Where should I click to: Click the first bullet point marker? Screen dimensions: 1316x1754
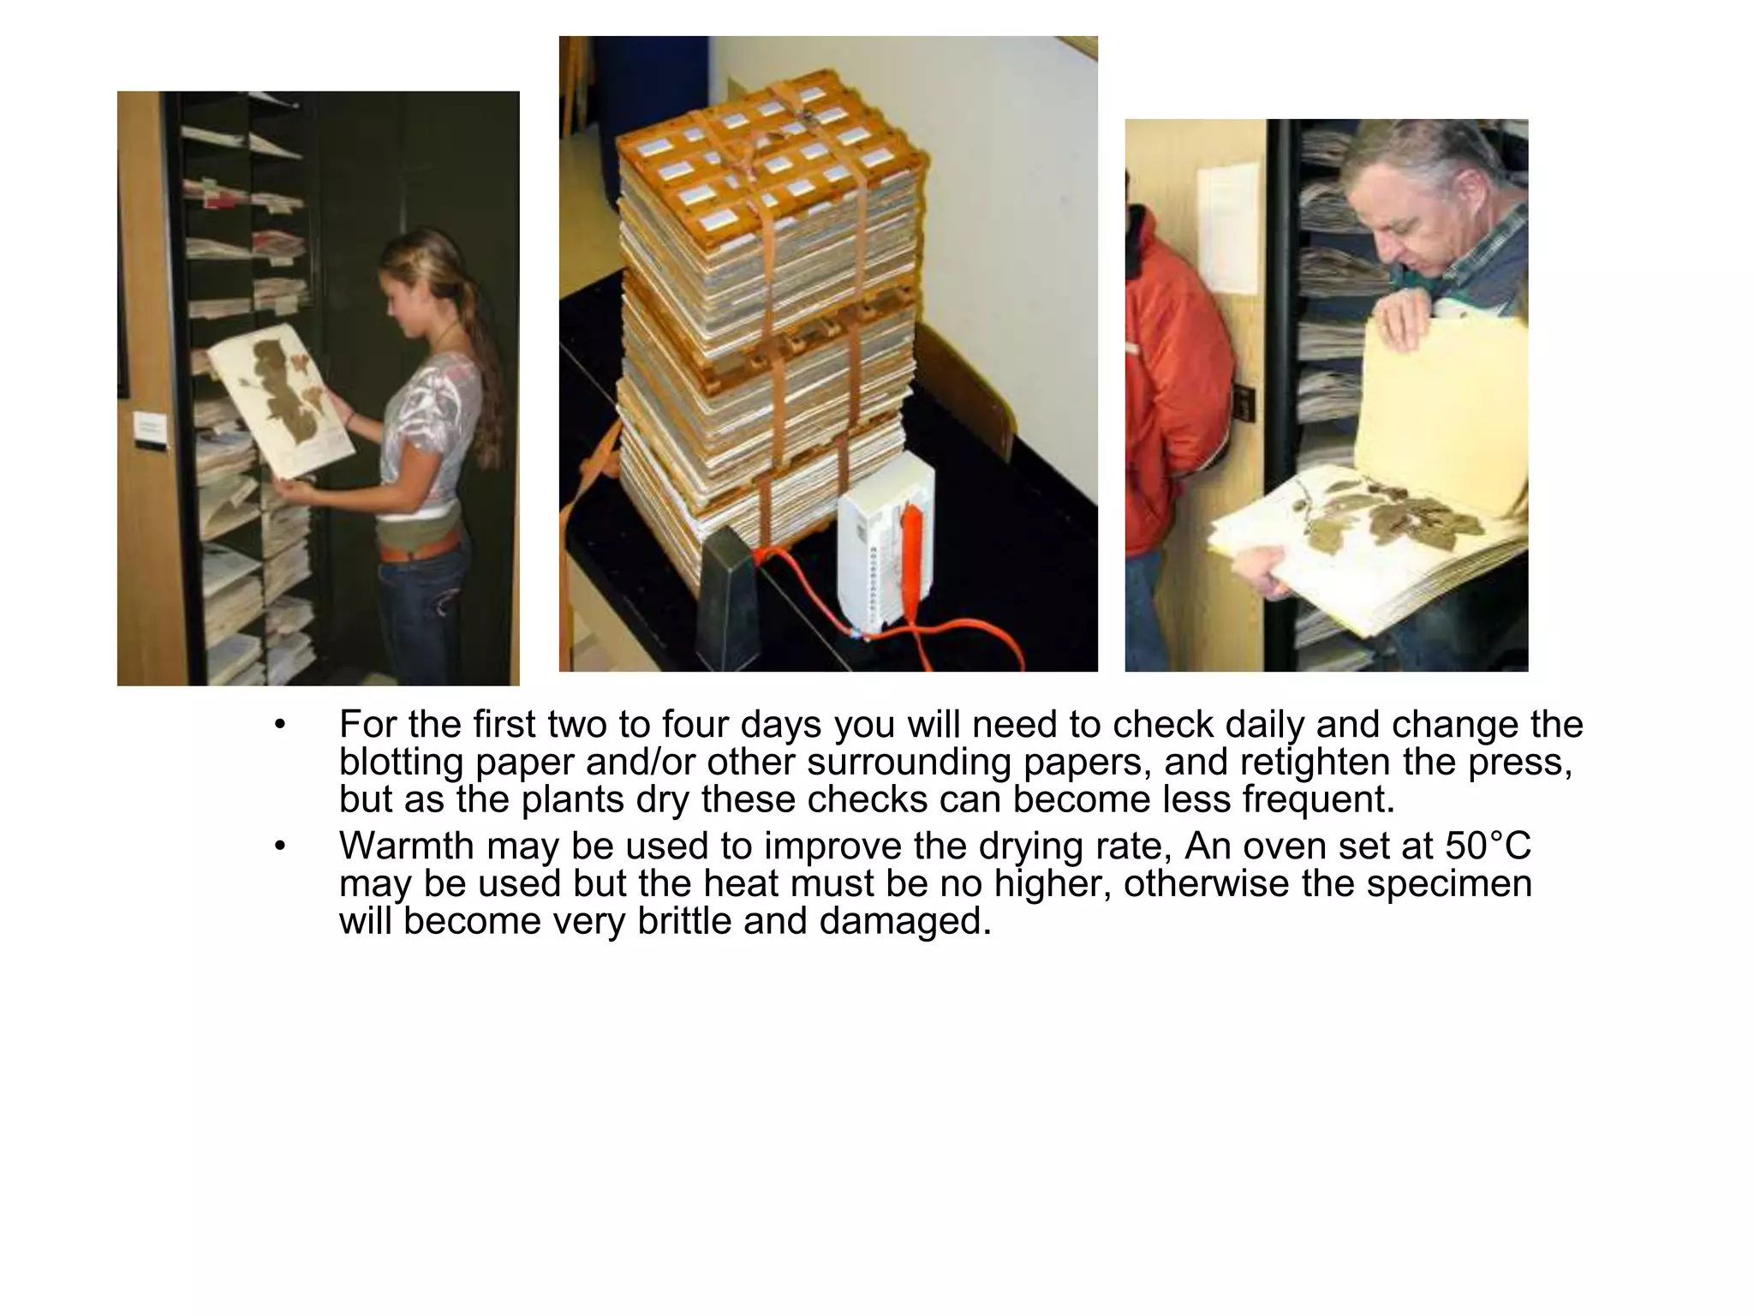pos(279,725)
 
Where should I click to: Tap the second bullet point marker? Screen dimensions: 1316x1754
pos(279,846)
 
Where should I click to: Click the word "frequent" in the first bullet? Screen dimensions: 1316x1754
pos(1310,799)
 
